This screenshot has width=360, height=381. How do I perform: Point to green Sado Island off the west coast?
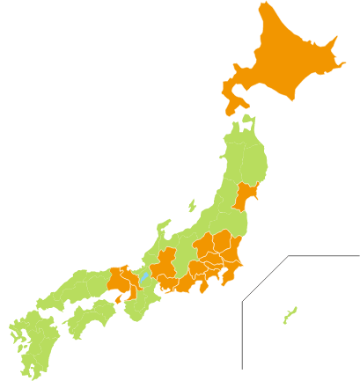tap(192, 206)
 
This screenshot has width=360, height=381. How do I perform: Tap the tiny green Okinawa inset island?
tap(290, 314)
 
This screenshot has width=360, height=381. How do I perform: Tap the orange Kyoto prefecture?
tap(131, 274)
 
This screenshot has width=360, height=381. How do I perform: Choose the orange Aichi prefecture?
tap(168, 283)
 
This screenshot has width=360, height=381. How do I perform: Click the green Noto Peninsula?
tap(164, 228)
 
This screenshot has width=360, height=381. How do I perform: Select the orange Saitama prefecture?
tap(212, 260)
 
